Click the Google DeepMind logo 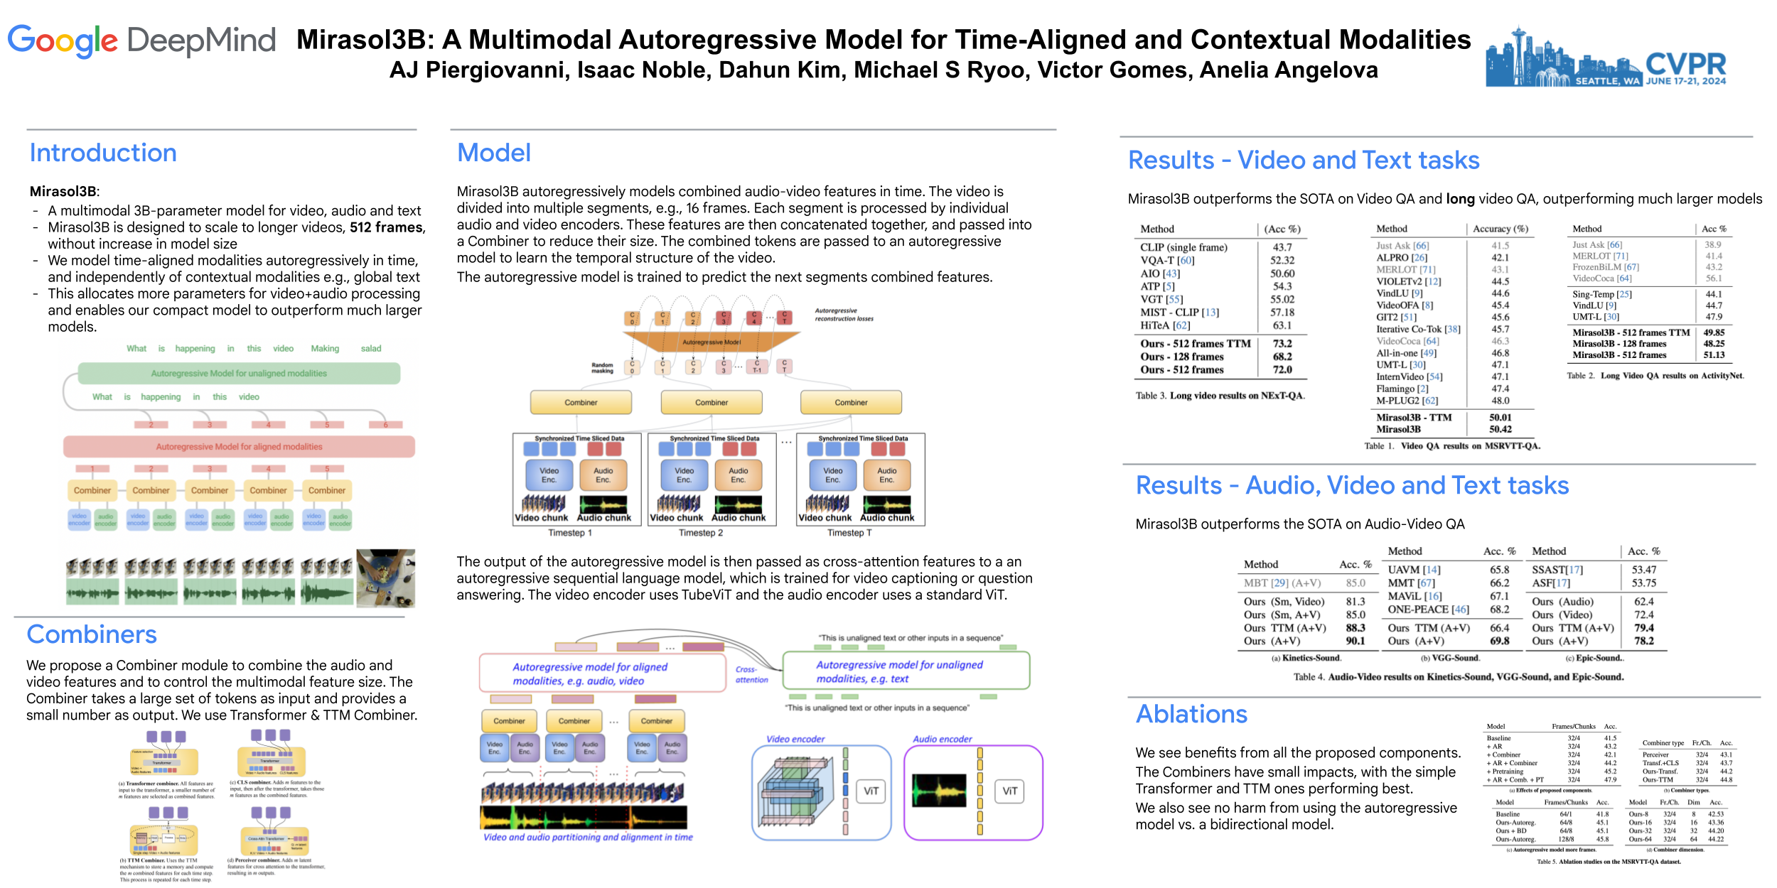click(141, 41)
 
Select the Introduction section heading click(103, 153)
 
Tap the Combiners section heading click(92, 634)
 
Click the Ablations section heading click(1191, 714)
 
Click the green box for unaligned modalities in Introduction click(239, 373)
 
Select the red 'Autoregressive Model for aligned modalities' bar click(239, 447)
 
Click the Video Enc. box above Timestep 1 click(549, 475)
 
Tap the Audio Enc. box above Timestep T click(886, 475)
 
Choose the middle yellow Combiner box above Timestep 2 click(711, 402)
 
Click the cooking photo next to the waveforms click(385, 578)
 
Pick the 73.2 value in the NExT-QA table click(1282, 344)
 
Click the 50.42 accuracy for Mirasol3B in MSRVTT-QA click(1500, 429)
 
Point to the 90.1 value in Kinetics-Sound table click(1355, 641)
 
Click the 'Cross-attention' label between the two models click(751, 674)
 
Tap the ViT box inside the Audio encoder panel click(1009, 791)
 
